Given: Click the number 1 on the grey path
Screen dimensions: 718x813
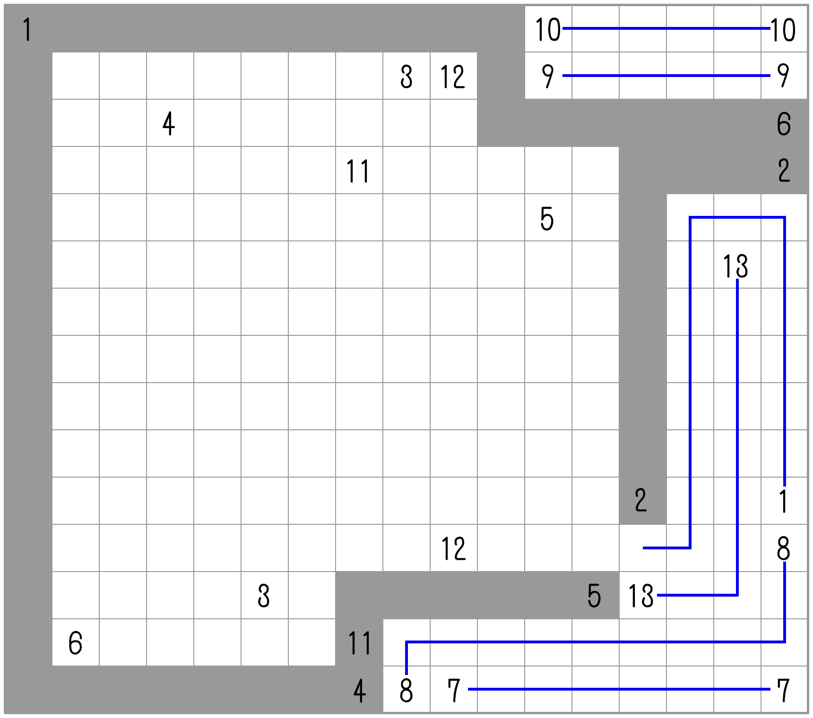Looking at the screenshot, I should pos(27,29).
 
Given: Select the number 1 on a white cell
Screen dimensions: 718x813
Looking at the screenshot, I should pos(784,501).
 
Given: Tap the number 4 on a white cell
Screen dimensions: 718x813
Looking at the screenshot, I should pos(169,124).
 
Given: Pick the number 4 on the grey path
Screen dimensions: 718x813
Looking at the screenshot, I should pos(359,691).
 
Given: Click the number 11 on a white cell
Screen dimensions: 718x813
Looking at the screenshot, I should pos(358,171).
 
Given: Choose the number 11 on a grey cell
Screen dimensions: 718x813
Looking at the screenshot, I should pos(359,643).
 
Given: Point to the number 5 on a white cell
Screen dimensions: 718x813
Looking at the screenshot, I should pos(547,219).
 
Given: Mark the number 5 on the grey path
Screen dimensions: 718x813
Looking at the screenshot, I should pos(594,596).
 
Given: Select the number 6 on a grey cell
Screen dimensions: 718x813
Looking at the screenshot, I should pos(784,124).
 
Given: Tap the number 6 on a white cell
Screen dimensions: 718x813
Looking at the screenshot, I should pos(75,643).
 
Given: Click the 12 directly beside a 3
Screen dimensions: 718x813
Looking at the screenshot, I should pos(453,77).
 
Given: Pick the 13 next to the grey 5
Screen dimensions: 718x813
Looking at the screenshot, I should pos(641,596).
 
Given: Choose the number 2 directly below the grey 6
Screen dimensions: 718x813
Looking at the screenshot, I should pos(784,171).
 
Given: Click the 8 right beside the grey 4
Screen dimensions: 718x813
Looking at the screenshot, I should pos(406,691).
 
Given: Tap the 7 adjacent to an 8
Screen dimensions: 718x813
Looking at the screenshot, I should pos(454,691).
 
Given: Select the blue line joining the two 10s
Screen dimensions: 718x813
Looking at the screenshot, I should pos(666,28).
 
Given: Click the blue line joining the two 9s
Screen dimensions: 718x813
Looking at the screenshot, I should pos(666,76).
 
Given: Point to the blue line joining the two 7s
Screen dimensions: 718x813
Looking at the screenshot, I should pos(619,689).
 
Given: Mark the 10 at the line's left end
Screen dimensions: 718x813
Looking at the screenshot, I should pos(547,29).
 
